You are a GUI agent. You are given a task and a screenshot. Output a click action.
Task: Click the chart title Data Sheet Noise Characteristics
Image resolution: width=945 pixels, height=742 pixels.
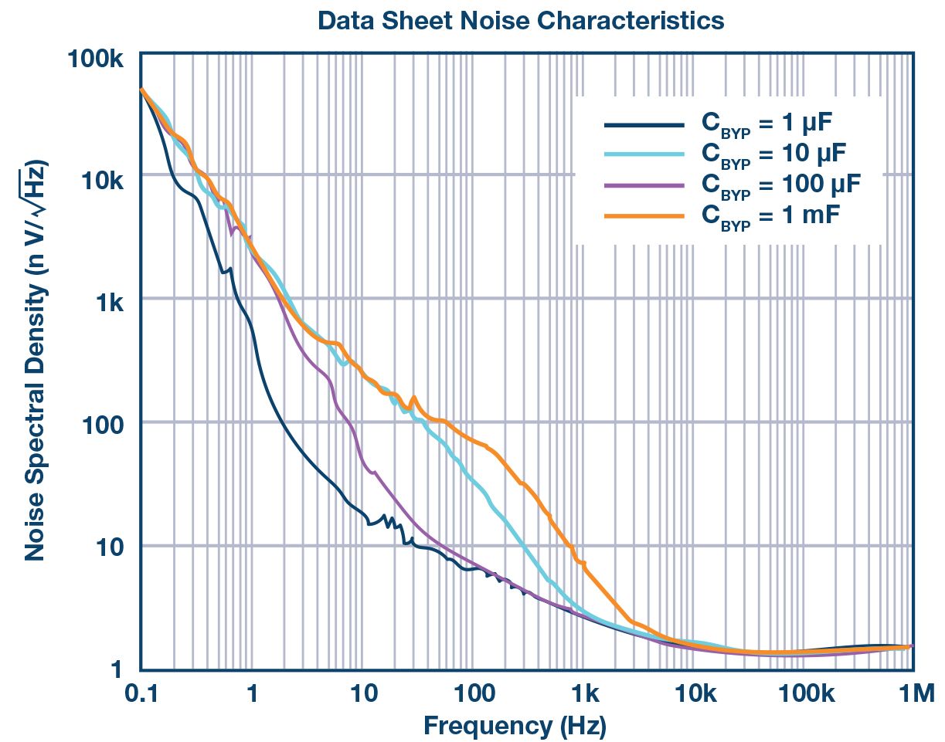[521, 21]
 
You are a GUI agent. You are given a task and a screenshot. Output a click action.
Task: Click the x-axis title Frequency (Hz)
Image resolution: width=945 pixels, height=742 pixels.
[515, 726]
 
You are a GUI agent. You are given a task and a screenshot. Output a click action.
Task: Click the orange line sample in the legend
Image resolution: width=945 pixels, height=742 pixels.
[644, 215]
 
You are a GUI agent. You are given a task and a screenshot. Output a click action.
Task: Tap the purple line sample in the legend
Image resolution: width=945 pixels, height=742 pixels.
[644, 185]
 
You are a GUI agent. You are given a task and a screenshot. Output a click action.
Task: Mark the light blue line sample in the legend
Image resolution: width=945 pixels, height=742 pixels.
[644, 155]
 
